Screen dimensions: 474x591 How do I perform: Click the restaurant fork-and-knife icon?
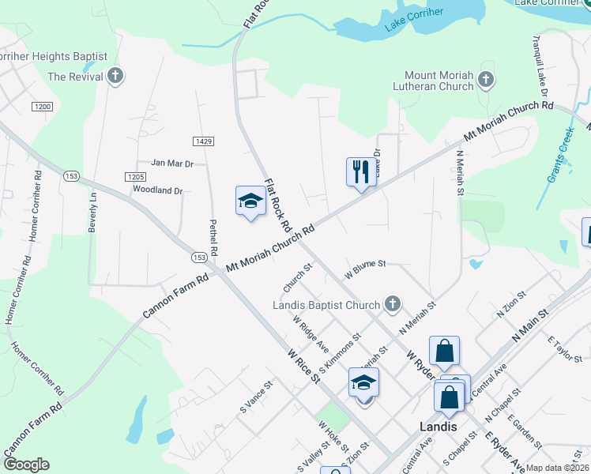point(361,171)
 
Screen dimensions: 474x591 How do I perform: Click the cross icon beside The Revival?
point(116,77)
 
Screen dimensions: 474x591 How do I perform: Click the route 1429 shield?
point(203,140)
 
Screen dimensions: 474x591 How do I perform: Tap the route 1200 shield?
point(42,106)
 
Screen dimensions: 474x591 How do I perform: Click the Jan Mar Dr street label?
point(171,163)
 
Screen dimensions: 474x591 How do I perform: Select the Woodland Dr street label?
point(157,190)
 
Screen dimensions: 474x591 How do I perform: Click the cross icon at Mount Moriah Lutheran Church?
point(485,80)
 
